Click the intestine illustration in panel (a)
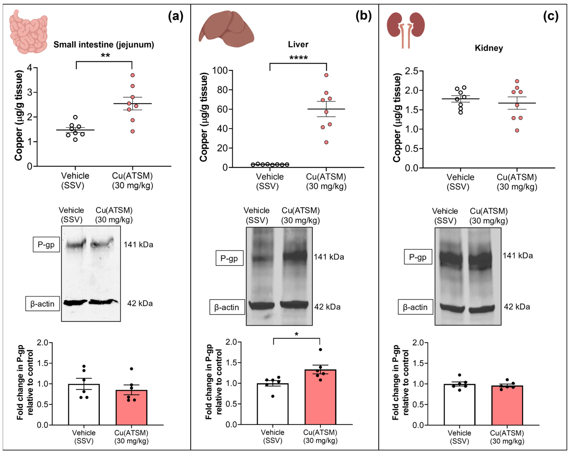coord(28,32)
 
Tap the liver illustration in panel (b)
coord(226,29)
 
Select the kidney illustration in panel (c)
coord(406,29)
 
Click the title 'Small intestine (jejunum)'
coord(104,45)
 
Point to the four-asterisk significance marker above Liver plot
coord(298,58)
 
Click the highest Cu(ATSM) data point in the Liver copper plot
coord(326,75)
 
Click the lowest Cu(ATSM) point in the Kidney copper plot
coord(517,130)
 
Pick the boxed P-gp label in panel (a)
coord(46,244)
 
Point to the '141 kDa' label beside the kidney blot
coord(518,256)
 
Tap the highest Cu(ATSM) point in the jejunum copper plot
coord(133,75)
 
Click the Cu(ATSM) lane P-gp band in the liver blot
coord(295,256)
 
